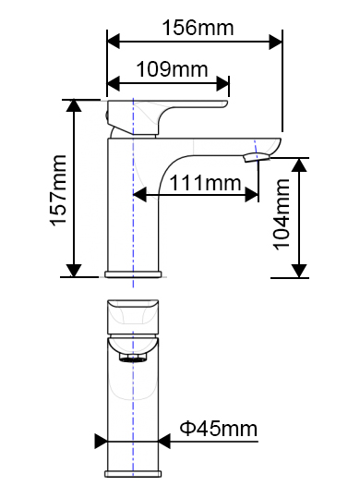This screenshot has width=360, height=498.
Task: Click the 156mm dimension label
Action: (x=198, y=28)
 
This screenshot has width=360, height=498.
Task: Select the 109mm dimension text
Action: (x=172, y=69)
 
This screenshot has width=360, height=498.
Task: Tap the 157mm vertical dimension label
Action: (x=58, y=190)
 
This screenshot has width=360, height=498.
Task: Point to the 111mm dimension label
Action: (x=206, y=183)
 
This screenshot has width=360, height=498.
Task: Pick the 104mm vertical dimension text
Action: (x=282, y=214)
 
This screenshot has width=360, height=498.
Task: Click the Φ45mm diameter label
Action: (x=219, y=429)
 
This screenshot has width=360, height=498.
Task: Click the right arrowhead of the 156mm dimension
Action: (x=275, y=42)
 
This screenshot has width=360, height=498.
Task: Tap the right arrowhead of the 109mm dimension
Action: (x=222, y=83)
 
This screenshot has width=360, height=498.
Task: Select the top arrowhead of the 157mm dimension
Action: (x=74, y=105)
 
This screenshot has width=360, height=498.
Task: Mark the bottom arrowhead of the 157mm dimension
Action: (x=74, y=271)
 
